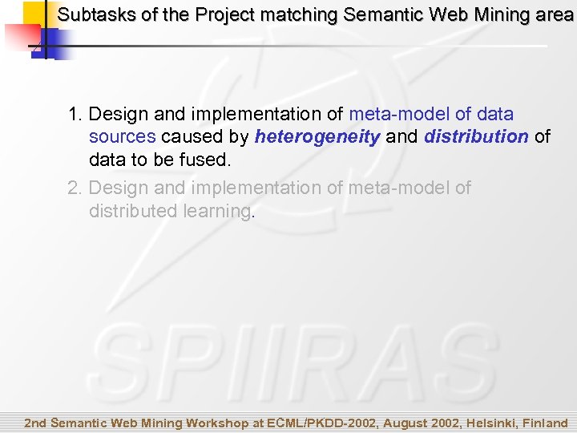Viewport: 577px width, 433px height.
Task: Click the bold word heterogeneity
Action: (x=317, y=137)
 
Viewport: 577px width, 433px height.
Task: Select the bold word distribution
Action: (x=476, y=137)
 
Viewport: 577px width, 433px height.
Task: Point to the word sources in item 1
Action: (x=122, y=137)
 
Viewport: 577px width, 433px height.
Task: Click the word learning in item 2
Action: (x=216, y=211)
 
